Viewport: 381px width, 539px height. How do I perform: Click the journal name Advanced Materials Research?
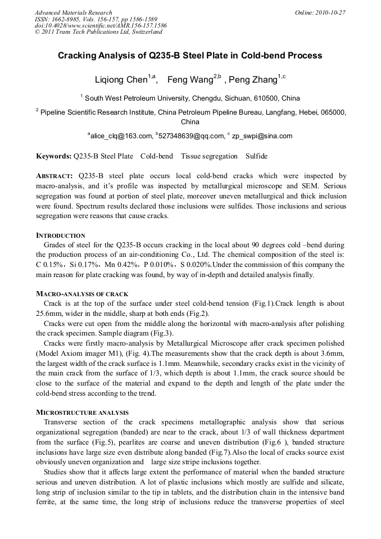pos(73,12)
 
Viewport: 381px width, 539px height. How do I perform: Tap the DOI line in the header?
pos(101,26)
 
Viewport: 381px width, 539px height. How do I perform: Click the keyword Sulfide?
pos(256,156)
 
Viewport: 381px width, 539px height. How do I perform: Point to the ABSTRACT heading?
pos(55,176)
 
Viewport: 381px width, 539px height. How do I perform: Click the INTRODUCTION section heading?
pos(61,235)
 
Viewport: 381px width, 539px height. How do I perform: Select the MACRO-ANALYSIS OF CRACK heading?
pos(82,294)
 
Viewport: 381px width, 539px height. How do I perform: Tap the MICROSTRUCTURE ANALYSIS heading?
pos(82,413)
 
